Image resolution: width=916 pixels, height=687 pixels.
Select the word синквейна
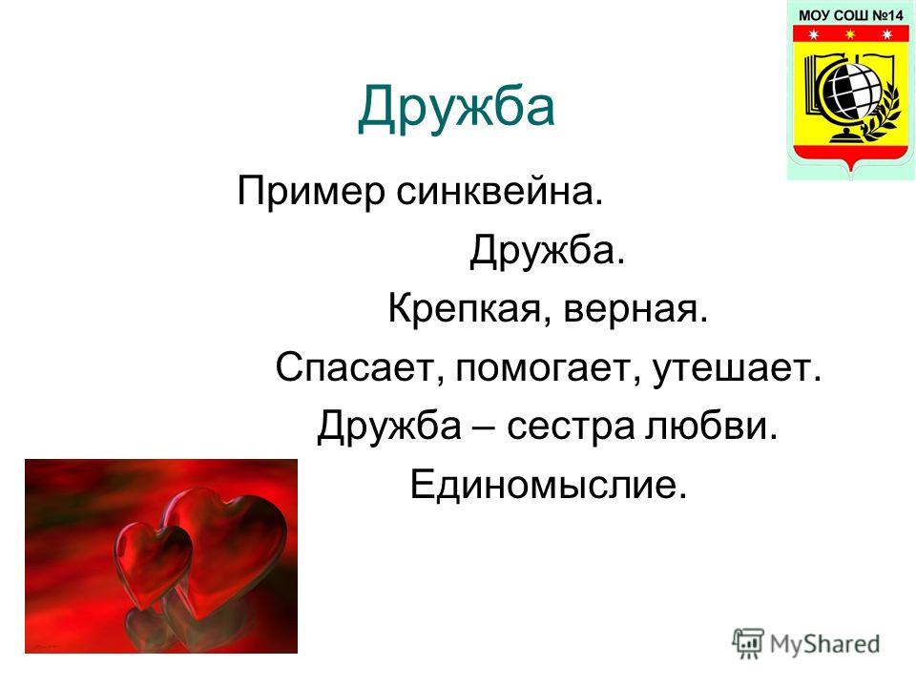coord(499,192)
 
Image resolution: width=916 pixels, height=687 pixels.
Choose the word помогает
coord(548,369)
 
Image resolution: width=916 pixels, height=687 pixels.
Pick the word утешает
coord(737,369)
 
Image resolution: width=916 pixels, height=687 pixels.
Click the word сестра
coord(571,427)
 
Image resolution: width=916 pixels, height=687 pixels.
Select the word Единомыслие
coord(548,485)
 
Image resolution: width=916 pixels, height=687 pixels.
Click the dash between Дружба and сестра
coord(484,427)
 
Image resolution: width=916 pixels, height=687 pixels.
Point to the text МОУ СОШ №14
coord(850,16)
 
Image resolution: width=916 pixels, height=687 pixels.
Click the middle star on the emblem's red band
coord(850,34)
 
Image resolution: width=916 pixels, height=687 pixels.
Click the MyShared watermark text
coord(824,644)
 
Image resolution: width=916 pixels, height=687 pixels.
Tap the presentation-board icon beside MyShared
coord(748,643)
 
